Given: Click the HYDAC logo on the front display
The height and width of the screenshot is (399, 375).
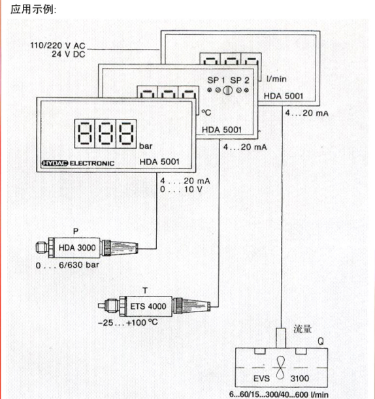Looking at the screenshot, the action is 55,163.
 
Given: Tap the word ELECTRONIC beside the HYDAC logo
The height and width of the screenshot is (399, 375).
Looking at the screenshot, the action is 92,163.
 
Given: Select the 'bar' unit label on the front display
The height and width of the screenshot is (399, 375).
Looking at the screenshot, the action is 146,146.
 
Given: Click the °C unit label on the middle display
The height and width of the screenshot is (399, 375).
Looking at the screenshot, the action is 206,112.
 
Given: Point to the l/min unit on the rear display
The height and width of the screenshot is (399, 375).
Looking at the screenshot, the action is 276,79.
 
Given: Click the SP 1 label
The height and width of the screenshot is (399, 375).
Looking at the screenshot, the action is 216,80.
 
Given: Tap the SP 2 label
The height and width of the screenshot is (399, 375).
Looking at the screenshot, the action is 240,80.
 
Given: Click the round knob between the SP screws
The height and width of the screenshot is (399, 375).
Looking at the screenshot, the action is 227,90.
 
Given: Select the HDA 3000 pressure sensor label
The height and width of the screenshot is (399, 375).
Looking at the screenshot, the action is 77,247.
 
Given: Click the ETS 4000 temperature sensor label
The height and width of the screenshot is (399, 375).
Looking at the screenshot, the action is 148,306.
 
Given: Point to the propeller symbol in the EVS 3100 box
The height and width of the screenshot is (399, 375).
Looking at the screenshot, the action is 280,368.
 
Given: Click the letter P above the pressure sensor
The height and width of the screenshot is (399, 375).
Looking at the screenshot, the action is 76,231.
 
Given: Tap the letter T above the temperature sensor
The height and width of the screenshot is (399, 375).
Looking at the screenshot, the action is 145,291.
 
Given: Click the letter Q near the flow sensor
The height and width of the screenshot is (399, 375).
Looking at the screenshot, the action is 321,342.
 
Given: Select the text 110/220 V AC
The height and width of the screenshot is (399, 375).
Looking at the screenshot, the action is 57,46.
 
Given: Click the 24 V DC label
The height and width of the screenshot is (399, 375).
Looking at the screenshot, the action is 69,54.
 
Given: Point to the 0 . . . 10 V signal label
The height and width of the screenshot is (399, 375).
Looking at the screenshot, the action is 181,189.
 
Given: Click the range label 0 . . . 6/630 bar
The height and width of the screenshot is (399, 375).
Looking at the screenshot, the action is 67,265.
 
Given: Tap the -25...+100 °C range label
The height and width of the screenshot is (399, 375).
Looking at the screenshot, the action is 128,323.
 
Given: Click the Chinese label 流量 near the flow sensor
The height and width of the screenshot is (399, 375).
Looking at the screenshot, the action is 302,329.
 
